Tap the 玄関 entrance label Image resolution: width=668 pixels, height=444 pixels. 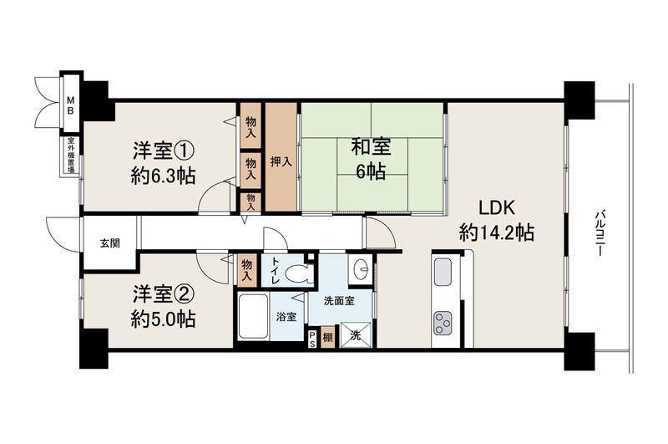tap(110, 243)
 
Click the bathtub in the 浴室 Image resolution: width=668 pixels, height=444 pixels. tap(253, 316)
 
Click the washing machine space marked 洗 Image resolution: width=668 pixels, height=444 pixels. tap(357, 335)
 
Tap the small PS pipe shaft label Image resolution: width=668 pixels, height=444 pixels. tap(312, 339)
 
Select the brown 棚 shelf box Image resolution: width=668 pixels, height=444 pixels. tap(327, 337)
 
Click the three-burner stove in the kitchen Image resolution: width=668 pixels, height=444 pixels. tap(443, 323)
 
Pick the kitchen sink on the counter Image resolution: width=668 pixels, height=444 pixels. tap(443, 272)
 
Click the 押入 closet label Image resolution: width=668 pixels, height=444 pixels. tap(281, 161)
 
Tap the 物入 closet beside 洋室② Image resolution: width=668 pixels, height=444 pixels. tap(246, 270)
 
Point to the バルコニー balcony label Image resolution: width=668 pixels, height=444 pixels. tap(600, 233)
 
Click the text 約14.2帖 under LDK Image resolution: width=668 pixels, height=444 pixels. tap(497, 233)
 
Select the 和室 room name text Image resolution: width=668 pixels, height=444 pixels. tap(371, 147)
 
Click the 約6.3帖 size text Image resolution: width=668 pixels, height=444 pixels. tap(163, 176)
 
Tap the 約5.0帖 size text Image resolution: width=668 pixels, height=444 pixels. tap(163, 319)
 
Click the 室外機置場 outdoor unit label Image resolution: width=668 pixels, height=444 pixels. tap(71, 156)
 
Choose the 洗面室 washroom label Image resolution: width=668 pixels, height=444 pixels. tap(339, 301)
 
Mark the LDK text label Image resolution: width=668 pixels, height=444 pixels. tap(497, 207)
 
